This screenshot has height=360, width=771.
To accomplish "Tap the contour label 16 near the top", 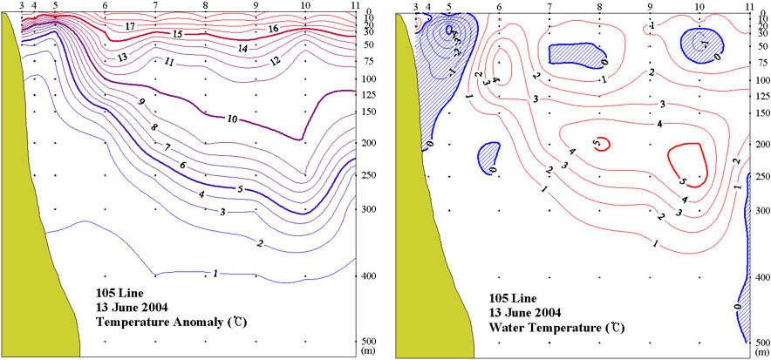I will [272, 29].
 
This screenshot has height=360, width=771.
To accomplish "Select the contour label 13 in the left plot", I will [122, 57].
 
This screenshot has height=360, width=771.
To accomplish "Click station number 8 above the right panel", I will [599, 6].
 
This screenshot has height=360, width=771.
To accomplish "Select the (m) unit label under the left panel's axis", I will [369, 353].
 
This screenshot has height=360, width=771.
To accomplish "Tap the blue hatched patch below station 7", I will [571, 52].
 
